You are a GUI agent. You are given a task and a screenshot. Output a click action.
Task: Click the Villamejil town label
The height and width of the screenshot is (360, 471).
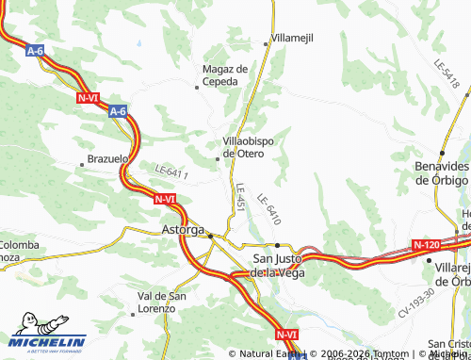coord(292,38)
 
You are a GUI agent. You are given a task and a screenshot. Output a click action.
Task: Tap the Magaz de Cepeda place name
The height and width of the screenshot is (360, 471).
coord(225,74)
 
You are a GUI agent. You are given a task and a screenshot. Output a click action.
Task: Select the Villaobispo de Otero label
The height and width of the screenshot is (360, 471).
coord(249,146)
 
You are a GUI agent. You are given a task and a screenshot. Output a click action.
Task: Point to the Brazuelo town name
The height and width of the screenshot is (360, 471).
coord(106,159)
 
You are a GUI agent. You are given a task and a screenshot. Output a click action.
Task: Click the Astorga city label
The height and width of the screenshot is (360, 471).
coord(183,230)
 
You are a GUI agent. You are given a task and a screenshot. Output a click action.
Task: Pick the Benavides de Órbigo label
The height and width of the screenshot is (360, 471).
coord(442,172)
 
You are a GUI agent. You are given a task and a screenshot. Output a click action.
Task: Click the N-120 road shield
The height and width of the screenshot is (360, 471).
coord(427,245)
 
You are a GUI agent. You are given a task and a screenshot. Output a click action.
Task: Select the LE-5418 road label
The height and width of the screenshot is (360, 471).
coord(448,74)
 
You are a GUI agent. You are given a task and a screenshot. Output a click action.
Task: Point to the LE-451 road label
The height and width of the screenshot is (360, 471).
coord(240,196)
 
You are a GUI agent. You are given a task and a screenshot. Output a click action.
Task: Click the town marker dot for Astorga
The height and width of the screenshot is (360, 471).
coord(211,235)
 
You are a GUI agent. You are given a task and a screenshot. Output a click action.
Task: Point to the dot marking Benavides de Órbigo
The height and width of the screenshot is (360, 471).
coord(442,153)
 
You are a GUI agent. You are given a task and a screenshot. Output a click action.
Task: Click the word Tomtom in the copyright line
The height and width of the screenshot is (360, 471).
coord(363,354)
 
